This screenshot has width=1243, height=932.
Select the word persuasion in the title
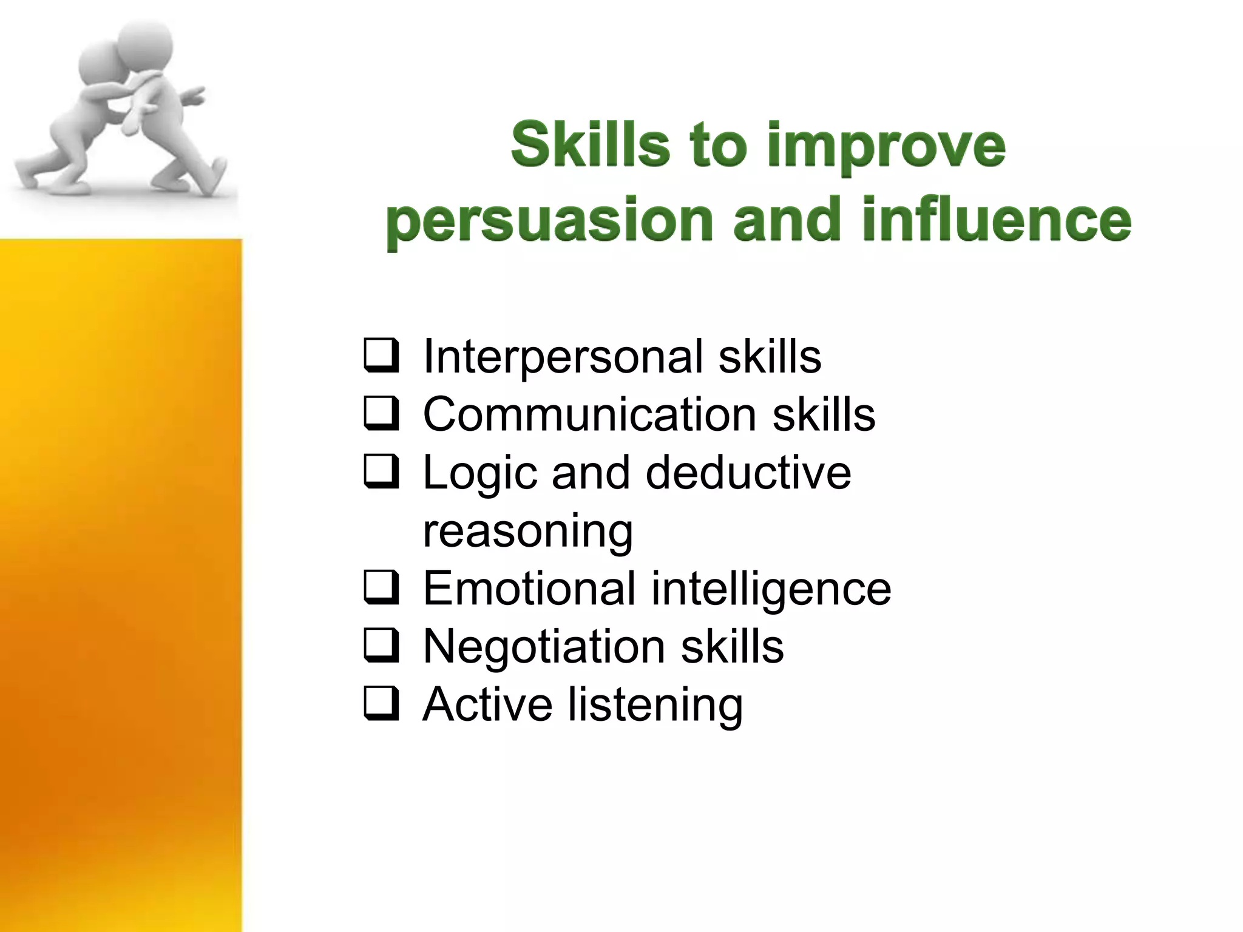[549, 221]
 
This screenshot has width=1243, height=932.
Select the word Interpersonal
[563, 357]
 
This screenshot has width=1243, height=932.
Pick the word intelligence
[770, 589]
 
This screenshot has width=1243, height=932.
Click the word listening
[655, 705]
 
